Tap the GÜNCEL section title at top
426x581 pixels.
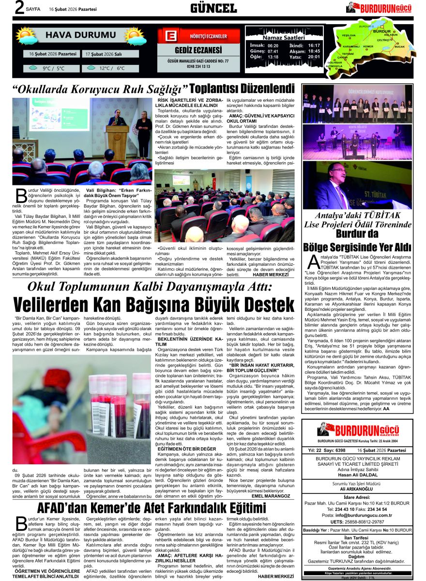pyautogui.click(x=213, y=8)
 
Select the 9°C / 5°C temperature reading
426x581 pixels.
pyautogui.click(x=53, y=68)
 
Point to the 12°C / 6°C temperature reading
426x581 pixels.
pyautogui.click(x=112, y=68)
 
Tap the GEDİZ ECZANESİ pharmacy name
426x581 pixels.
pyautogui.click(x=198, y=50)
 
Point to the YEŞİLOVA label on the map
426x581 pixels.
pyautogui.click(x=349, y=36)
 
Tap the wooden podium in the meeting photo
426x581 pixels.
pyautogui.click(x=117, y=142)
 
